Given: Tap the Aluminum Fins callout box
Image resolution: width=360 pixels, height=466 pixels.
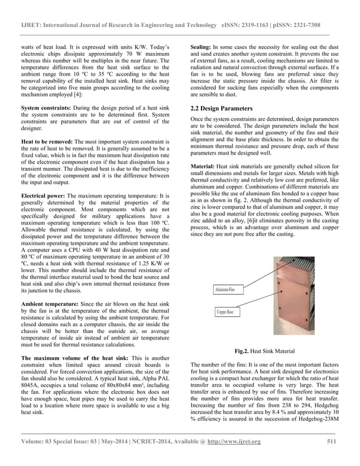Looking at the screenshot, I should [x=227, y=290].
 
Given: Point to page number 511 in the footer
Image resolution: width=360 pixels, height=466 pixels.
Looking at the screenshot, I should [x=332, y=441].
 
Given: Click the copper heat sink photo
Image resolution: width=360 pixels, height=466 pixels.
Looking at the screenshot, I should [x=282, y=299].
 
